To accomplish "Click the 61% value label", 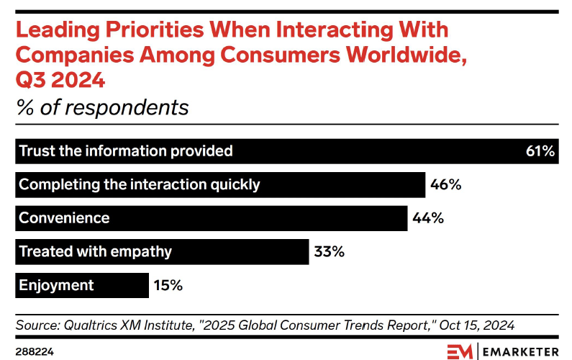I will tap(540, 151).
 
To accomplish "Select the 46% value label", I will tap(445, 184).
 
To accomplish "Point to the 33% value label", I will tap(330, 251).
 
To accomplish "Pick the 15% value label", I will tap(168, 285).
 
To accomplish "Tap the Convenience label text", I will tap(64, 218).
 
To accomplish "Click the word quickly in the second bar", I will tap(232, 184).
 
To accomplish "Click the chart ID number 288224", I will tap(34, 351).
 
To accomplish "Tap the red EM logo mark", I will tap(460, 351).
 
